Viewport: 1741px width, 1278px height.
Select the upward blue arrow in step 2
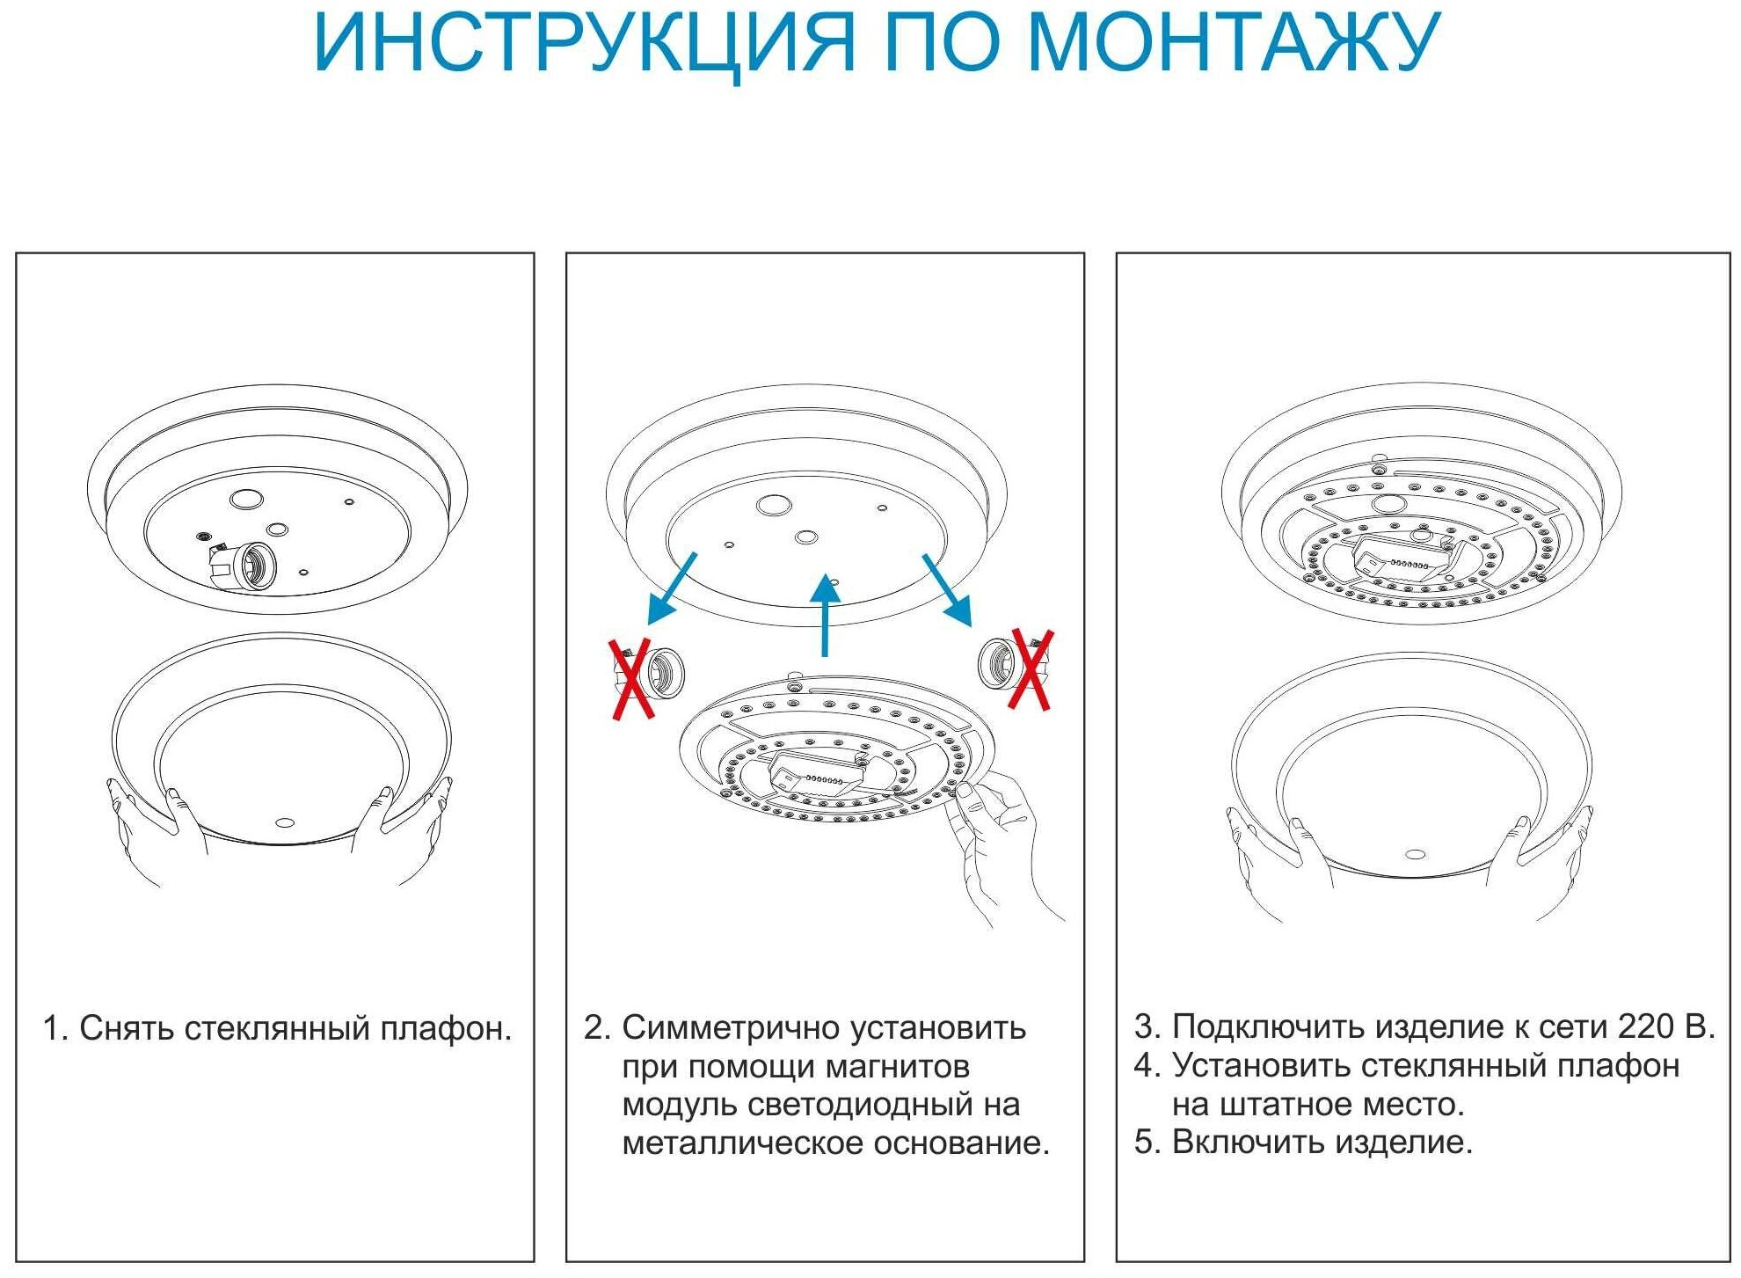pyautogui.click(x=825, y=616)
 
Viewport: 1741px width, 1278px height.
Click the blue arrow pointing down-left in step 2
pyautogui.click(x=671, y=589)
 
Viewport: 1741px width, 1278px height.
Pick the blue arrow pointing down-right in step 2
pyautogui.click(x=948, y=589)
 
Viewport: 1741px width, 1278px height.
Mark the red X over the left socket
pyautogui.click(x=631, y=679)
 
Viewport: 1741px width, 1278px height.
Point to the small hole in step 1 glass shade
pyautogui.click(x=285, y=823)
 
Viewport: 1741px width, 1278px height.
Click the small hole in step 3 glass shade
pyautogui.click(x=1415, y=854)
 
